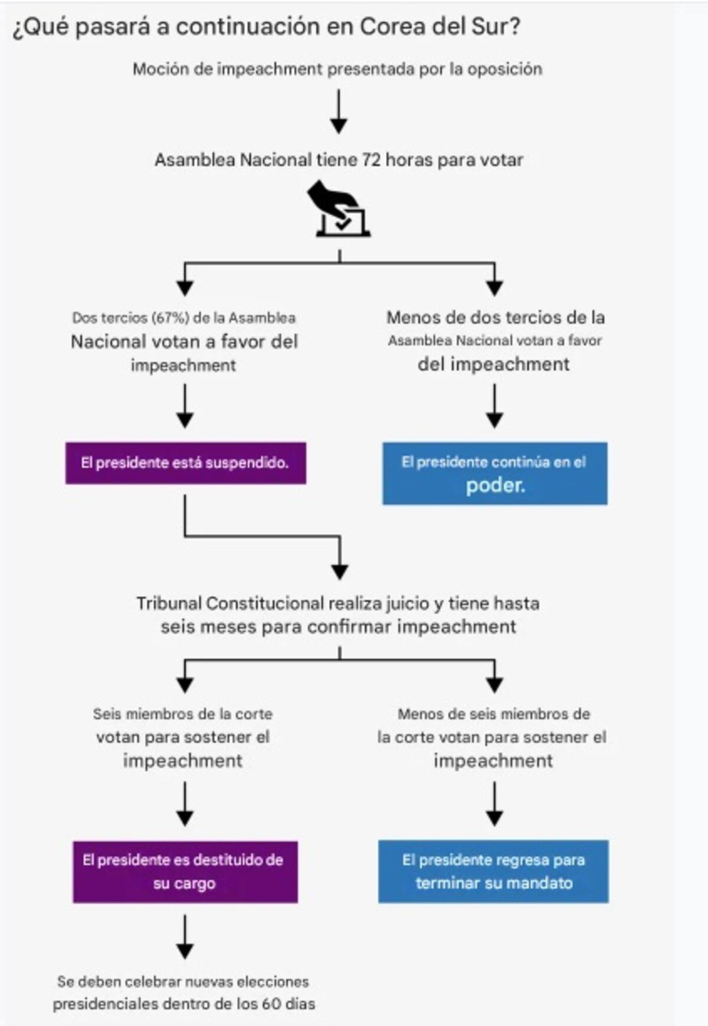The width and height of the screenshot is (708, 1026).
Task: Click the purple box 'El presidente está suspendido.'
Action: tap(185, 463)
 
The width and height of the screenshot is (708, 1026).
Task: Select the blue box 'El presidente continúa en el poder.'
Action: tap(494, 473)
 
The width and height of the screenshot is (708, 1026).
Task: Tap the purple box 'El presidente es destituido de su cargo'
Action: tap(185, 871)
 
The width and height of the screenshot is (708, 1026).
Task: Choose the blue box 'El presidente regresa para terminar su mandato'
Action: tap(493, 871)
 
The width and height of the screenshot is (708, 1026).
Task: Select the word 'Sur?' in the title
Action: tap(495, 27)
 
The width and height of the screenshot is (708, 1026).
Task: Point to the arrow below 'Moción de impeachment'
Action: tap(339, 112)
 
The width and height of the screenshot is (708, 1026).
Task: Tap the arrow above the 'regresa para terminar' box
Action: tap(494, 804)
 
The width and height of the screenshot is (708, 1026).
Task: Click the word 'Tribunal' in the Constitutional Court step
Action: tap(169, 604)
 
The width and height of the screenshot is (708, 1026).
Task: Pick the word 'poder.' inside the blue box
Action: tap(495, 486)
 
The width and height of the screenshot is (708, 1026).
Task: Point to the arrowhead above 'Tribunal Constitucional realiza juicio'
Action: tap(339, 571)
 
